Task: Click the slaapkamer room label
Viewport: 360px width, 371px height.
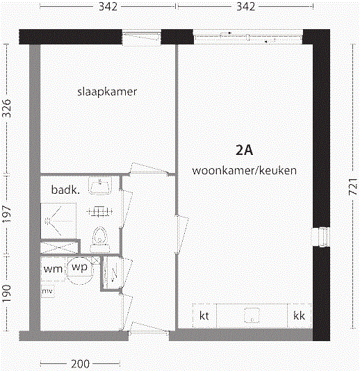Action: coord(106,92)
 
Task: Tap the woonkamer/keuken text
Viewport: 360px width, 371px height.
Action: coord(245,170)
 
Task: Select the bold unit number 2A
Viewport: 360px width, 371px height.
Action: coord(245,149)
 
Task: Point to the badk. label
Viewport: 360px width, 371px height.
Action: coord(65,189)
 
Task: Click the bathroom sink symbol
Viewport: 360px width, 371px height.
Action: coord(103,187)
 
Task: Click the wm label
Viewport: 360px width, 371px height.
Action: coord(54,268)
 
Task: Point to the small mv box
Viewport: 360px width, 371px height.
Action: coord(48,290)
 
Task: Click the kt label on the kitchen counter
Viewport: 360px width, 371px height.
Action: coord(204,315)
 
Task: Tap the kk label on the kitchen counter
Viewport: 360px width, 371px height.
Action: coord(300,315)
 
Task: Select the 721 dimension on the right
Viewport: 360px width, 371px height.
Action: coord(352,185)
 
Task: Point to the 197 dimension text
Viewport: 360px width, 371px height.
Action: coord(8,215)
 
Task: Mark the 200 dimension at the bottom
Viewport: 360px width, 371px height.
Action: coord(81,364)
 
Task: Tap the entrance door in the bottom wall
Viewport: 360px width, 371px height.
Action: coord(149,334)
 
